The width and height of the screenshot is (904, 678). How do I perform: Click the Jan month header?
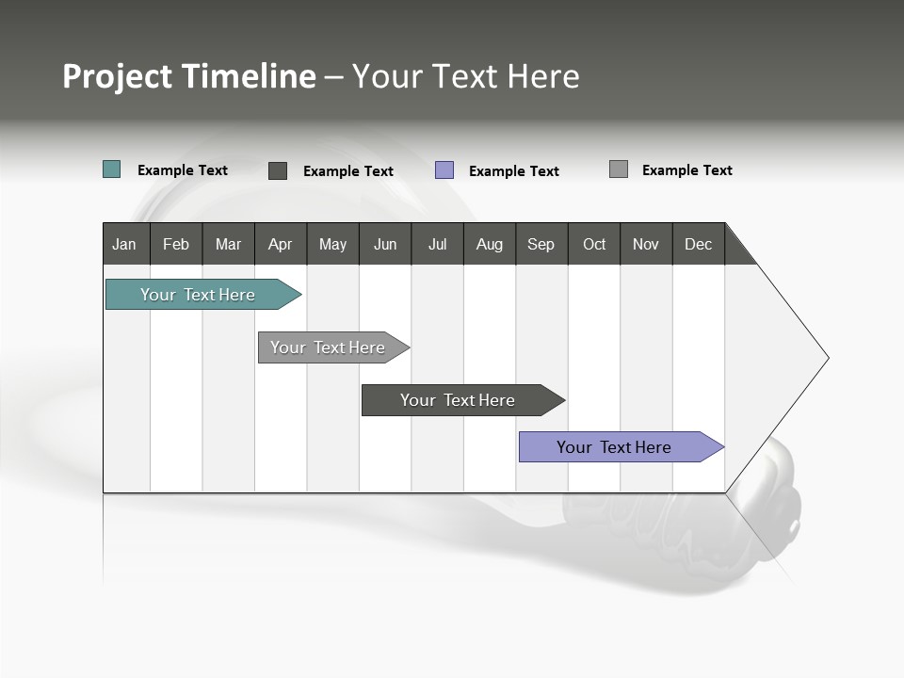(x=125, y=244)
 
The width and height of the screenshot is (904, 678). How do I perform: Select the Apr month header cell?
(x=281, y=244)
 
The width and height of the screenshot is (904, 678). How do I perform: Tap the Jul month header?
(x=437, y=244)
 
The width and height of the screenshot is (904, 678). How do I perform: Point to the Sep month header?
(x=541, y=244)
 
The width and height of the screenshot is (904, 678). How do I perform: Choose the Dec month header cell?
(x=698, y=244)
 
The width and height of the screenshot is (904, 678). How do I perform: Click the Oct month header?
(x=593, y=244)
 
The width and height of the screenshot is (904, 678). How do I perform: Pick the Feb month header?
(x=176, y=244)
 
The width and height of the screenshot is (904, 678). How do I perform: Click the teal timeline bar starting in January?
(x=198, y=295)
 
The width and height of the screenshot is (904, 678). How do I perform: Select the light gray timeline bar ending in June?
(x=328, y=347)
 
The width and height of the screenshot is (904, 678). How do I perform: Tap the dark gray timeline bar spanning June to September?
(x=458, y=400)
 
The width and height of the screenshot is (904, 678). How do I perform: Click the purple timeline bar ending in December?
(x=614, y=447)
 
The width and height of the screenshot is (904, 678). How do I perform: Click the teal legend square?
(x=112, y=169)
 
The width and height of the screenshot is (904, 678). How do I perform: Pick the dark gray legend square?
(x=278, y=170)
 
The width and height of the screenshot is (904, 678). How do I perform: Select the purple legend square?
(x=444, y=170)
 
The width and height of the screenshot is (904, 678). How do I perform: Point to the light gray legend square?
(x=619, y=169)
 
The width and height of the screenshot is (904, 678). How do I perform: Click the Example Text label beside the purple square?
(x=513, y=171)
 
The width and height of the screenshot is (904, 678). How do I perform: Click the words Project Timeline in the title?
(x=188, y=76)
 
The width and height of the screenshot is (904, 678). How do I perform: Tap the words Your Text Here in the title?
(x=466, y=76)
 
